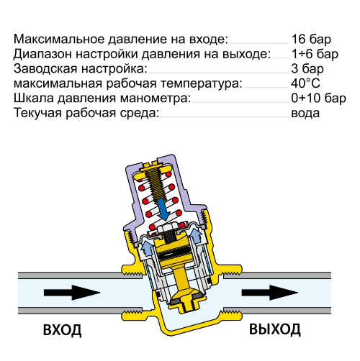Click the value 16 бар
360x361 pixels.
click(311, 40)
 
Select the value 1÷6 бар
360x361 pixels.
click(315, 54)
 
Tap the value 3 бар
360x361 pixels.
click(307, 69)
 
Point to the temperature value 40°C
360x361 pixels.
click(305, 83)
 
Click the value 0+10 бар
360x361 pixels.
click(318, 99)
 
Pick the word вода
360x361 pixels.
click(305, 114)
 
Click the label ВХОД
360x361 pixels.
click(62, 330)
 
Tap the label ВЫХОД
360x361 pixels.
click(275, 329)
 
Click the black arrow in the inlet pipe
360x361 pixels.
click(72, 293)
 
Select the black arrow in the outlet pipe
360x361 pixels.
click(270, 293)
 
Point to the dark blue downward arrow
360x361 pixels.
click(163, 209)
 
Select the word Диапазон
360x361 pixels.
click(42, 55)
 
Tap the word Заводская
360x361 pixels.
click(45, 69)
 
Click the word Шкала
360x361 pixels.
click(34, 99)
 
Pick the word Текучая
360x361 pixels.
click(37, 113)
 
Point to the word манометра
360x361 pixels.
click(156, 99)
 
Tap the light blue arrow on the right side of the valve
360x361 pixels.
click(196, 235)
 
